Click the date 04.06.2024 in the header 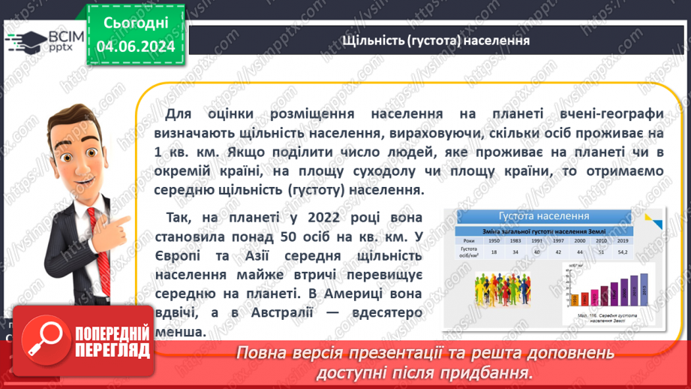135,47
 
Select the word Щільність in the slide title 374,40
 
